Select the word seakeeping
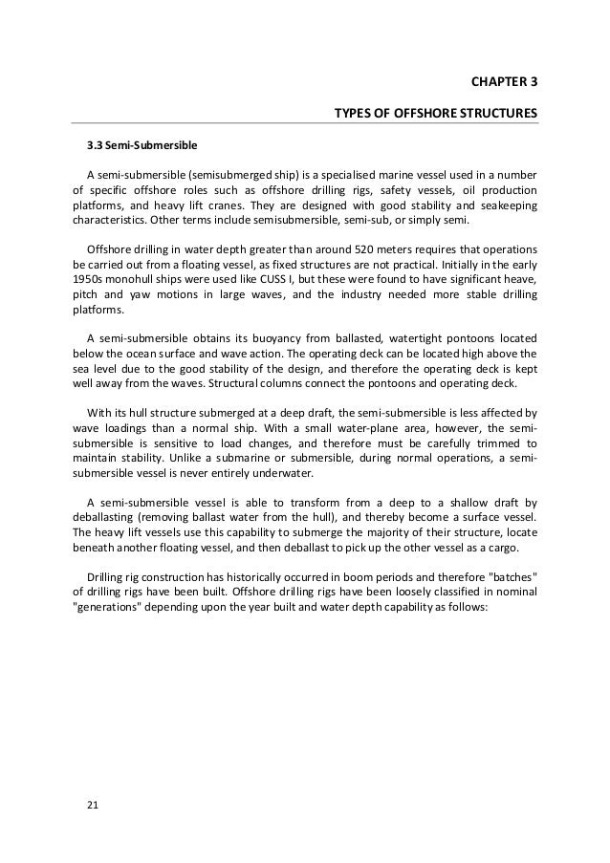pyautogui.click(x=506, y=205)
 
